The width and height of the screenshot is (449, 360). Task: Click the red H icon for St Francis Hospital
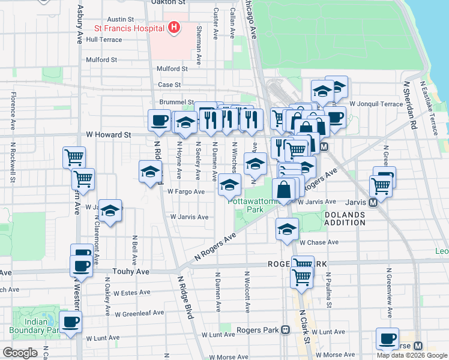pos(173,28)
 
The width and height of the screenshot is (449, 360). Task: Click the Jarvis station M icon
pos(373,203)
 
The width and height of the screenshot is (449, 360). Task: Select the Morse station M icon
pos(418,346)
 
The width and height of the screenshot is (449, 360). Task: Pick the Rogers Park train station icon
pos(286,330)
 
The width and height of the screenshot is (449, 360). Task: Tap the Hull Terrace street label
pos(104,40)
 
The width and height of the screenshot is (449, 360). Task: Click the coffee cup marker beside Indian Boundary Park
pos(70,321)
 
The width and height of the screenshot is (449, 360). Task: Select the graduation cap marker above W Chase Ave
pos(288,229)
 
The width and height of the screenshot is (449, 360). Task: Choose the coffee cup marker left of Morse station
pos(387,338)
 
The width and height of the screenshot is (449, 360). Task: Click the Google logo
pos(20,353)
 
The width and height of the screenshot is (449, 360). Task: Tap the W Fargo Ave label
pos(186,192)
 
